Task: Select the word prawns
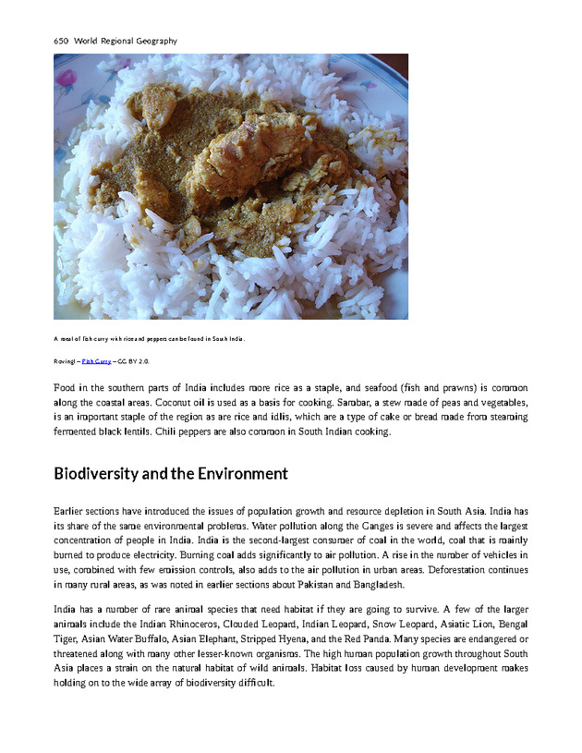[433, 389]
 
